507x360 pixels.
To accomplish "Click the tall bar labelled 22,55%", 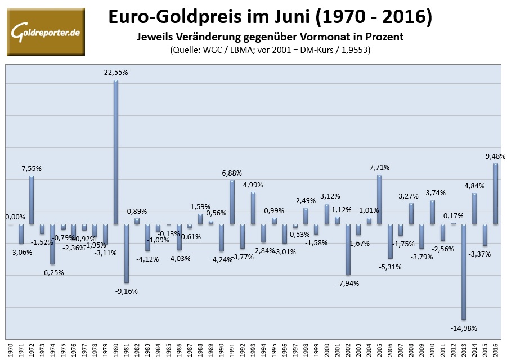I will click(x=116, y=152).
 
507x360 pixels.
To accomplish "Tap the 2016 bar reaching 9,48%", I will click(x=496, y=193).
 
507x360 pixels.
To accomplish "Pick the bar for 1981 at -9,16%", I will click(x=127, y=253).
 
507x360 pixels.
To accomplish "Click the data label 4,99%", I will click(x=253, y=184).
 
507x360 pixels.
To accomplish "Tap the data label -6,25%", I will click(x=52, y=272).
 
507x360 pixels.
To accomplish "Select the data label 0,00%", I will click(x=15, y=217).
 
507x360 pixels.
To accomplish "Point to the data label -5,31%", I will click(x=390, y=267).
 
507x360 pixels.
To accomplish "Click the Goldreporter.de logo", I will click(x=45, y=32).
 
